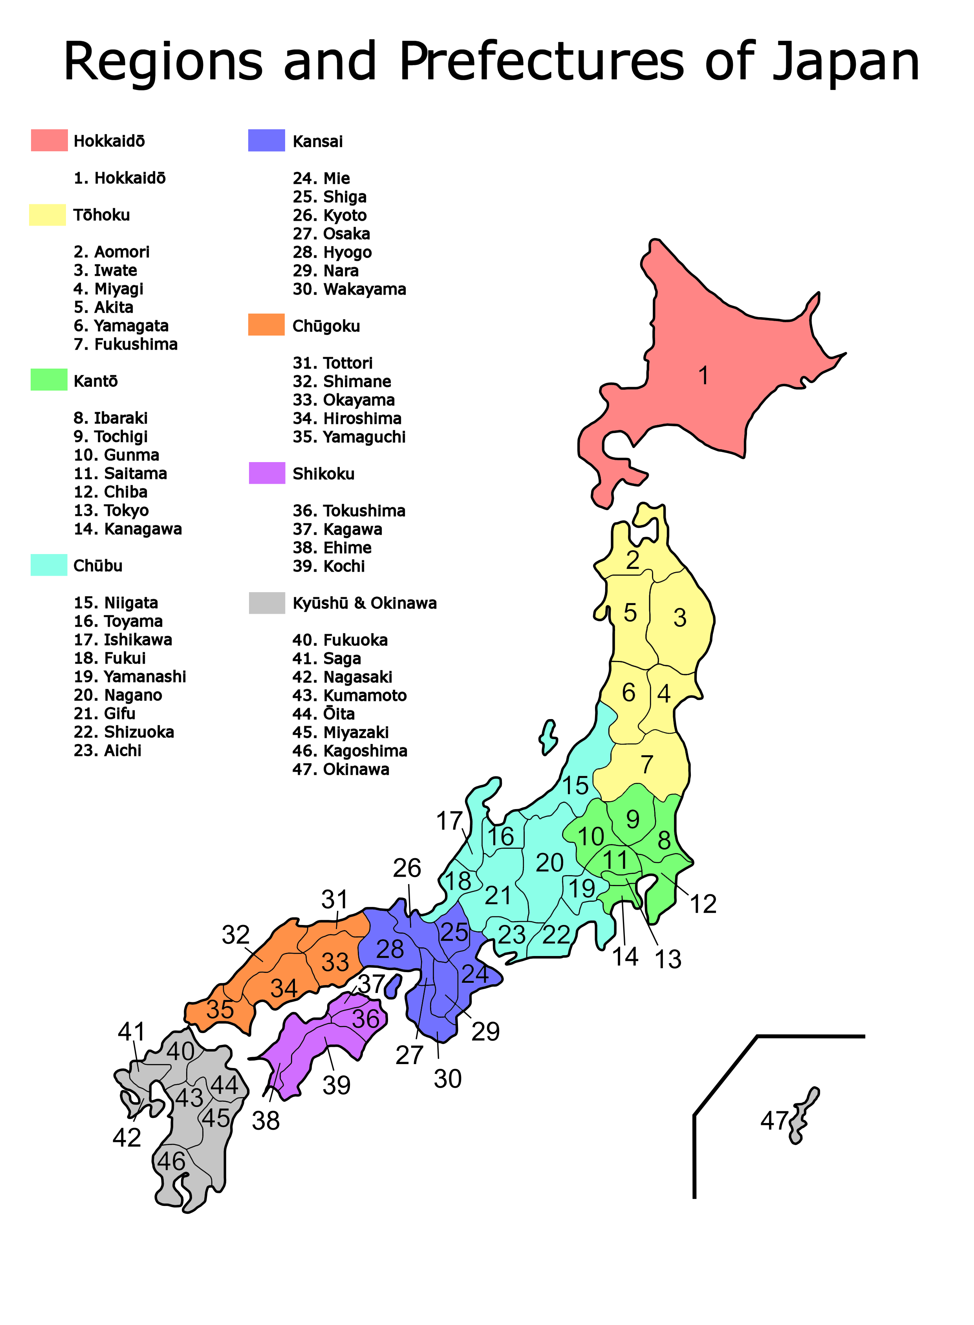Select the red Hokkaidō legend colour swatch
[x=49, y=140]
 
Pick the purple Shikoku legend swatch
[x=267, y=473]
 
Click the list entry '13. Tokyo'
[x=111, y=510]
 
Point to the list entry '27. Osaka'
[x=331, y=234]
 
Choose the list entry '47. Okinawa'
[x=341, y=769]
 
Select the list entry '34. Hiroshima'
[x=347, y=418]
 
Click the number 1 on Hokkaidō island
[x=703, y=375]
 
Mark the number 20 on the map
[x=549, y=863]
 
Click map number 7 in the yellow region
[x=647, y=765]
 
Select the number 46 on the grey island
[x=171, y=1161]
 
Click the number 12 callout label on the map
[x=703, y=904]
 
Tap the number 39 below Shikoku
[x=336, y=1085]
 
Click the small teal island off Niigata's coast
[x=548, y=738]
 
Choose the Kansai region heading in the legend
[x=317, y=141]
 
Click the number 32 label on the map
[x=235, y=934]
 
